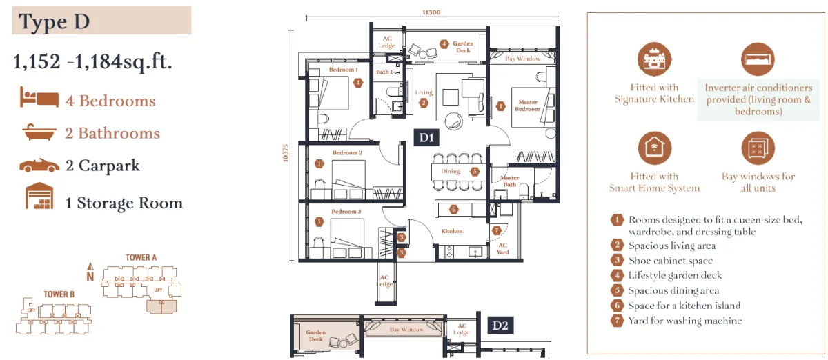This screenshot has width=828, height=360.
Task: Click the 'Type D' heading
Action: (x=55, y=21)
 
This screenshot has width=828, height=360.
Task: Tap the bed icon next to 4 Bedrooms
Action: (x=39, y=97)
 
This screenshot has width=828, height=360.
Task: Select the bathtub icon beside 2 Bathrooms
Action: (x=39, y=132)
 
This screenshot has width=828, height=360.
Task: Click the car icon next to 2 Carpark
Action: (x=39, y=166)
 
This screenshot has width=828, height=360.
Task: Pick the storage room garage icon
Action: (x=39, y=196)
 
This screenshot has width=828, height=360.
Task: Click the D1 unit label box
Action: (x=426, y=137)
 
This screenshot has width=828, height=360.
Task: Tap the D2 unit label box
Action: (x=500, y=326)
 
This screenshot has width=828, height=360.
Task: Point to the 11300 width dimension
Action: (x=431, y=12)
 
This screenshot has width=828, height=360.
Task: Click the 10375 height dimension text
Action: (x=286, y=152)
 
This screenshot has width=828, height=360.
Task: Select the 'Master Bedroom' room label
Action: (x=527, y=106)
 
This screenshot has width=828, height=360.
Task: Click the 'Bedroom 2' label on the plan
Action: (x=347, y=152)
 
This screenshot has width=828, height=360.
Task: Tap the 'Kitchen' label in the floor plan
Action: (x=452, y=231)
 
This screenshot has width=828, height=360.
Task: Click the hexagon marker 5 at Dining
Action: (x=475, y=172)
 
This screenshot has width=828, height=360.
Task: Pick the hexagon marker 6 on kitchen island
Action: (x=453, y=210)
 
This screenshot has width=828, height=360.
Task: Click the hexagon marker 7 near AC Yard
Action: (x=496, y=230)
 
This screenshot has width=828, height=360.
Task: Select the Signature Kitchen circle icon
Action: (x=655, y=59)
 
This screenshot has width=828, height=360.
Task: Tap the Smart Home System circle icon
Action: (x=655, y=148)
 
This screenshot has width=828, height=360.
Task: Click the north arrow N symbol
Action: (x=90, y=272)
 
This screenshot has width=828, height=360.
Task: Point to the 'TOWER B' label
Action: (x=59, y=294)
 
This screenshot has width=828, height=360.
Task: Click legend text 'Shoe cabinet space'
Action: (x=671, y=261)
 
